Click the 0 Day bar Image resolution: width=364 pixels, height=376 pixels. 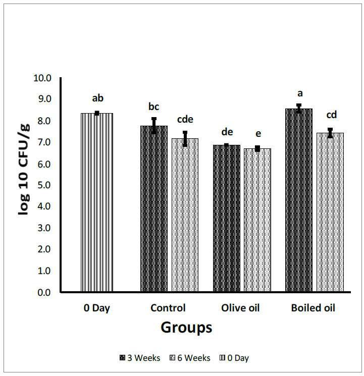coord(96,202)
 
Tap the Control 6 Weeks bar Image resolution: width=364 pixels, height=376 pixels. coord(185,215)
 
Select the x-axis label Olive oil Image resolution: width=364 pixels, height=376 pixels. coord(240,308)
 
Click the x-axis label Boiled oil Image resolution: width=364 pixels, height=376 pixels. coord(313,308)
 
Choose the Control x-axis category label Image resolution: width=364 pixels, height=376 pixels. coord(168,308)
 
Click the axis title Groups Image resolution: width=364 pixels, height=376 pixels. coord(186,328)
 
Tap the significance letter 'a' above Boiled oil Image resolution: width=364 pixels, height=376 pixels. coord(299,93)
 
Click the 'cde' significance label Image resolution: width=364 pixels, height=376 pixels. coord(185,120)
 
